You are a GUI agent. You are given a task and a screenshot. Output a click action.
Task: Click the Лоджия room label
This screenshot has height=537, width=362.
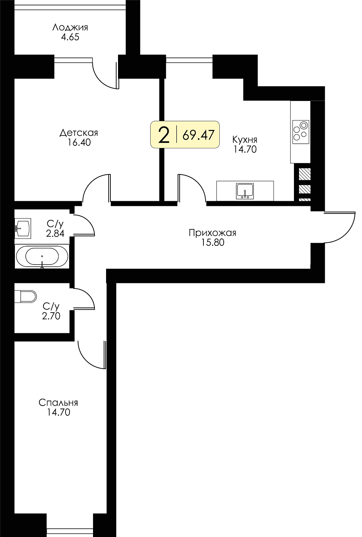pos(70,28)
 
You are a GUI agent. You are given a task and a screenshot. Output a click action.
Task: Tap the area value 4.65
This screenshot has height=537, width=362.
pos(70,37)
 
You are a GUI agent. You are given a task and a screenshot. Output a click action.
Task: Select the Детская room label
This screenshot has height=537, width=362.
pos(79,133)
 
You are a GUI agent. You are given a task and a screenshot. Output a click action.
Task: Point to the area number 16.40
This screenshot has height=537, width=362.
pos(79,143)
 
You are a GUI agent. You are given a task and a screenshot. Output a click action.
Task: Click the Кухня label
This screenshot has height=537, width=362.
pos(245,140)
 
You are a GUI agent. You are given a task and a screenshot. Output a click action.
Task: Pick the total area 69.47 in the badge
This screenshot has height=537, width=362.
pos(198,135)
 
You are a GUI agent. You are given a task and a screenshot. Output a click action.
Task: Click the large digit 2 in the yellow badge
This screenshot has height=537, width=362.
pos(164,135)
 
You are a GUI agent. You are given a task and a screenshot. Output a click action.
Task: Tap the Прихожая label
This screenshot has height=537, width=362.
pos(212,233)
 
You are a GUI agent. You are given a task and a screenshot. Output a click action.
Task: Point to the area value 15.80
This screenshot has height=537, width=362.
pos(213,242)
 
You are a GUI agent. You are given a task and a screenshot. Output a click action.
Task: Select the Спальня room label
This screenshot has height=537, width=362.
pos(58,403)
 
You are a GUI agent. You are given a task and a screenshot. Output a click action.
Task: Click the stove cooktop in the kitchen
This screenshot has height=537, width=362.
pos(301,132)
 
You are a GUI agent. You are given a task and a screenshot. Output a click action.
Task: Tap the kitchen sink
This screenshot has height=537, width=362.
pos(245,191)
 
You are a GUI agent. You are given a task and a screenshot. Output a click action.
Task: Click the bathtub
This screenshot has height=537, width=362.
pos(42,257)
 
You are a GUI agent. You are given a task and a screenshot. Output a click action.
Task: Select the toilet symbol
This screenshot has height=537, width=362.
pos(25,297)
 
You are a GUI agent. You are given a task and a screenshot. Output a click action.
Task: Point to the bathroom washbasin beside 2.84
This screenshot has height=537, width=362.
pos(23,228)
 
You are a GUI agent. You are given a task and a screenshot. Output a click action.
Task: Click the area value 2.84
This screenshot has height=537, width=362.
pos(55,233)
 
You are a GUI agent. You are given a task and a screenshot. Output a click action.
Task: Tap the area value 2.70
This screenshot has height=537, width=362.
pos(51,316)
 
